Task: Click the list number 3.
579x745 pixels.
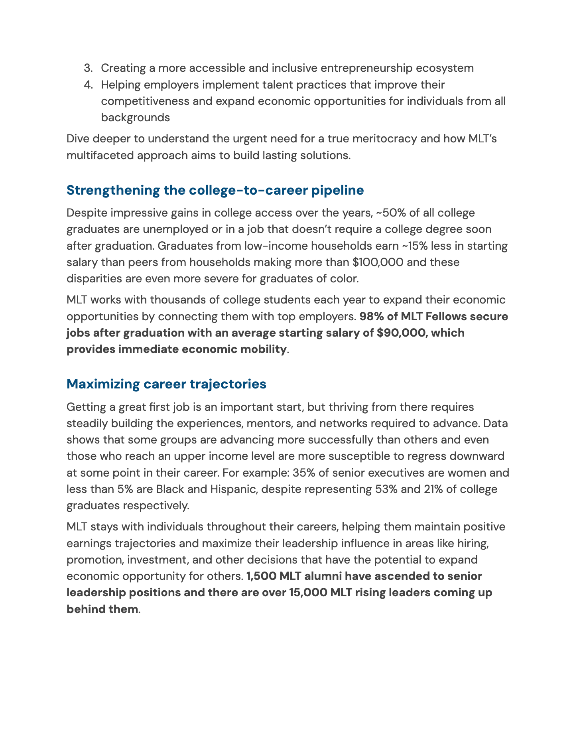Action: click(x=88, y=68)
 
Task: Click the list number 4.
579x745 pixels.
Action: click(x=88, y=85)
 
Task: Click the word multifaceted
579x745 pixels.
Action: click(x=100, y=155)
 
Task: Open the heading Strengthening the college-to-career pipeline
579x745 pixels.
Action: click(x=215, y=190)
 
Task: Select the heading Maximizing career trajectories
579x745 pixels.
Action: click(x=166, y=384)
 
